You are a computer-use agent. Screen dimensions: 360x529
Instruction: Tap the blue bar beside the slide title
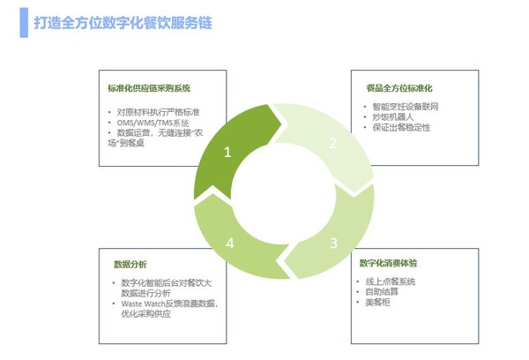click(24, 23)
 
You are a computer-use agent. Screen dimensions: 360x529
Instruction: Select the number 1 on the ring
click(227, 152)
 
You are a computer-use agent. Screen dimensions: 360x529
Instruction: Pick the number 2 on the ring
click(333, 142)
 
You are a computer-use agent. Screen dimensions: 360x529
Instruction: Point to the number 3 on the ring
click(333, 243)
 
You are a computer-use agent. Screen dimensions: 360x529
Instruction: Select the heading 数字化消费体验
click(393, 263)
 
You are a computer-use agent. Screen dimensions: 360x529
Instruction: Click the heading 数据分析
click(130, 264)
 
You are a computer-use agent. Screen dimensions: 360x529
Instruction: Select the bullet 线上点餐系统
click(396, 281)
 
